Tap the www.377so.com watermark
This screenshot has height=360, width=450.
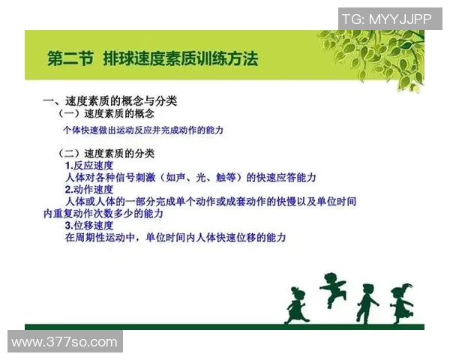point(64,343)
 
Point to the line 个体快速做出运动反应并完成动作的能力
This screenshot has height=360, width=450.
point(143,130)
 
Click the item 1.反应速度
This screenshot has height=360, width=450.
point(88,165)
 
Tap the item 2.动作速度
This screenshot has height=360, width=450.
point(88,190)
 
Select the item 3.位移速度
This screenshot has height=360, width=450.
point(88,225)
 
